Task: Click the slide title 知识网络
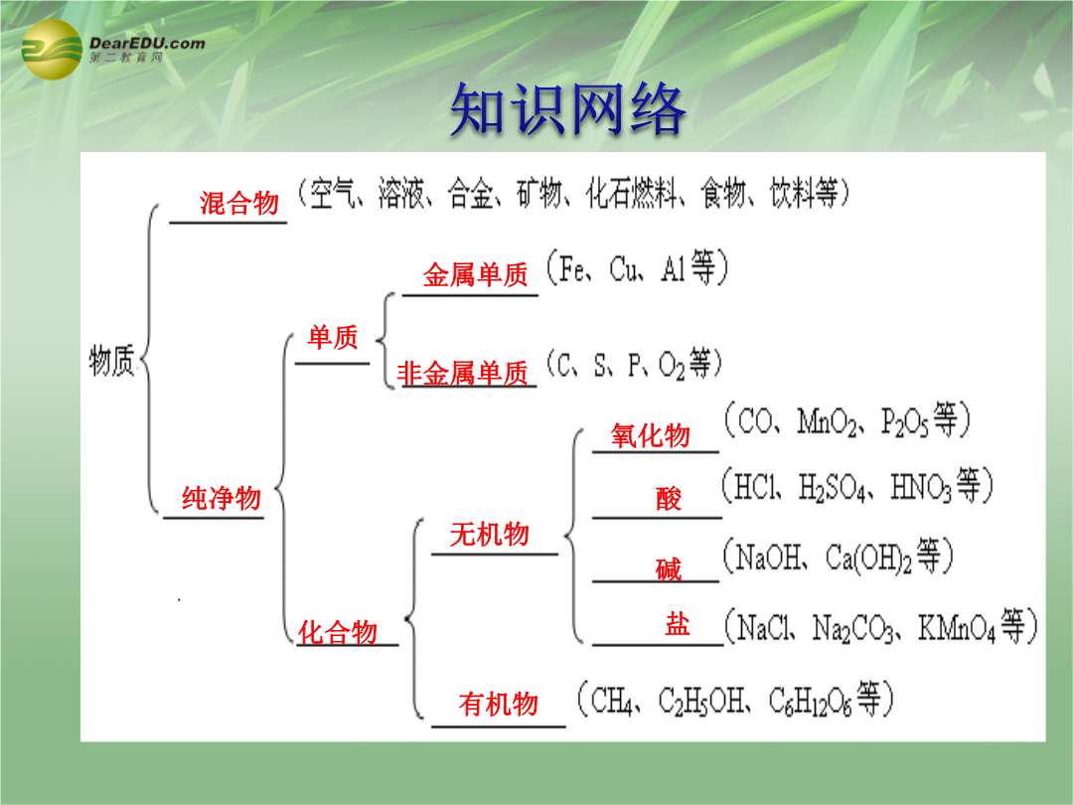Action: tap(567, 109)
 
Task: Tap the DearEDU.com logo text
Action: tap(147, 43)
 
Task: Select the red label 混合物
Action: tap(238, 204)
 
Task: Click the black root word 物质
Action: tap(111, 360)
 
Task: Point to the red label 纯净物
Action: tap(221, 498)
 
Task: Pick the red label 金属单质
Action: tap(475, 275)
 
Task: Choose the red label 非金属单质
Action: tap(463, 374)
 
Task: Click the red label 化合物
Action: tap(338, 632)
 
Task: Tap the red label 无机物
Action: tap(489, 534)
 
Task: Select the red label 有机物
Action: tap(498, 704)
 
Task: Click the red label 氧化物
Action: tap(650, 435)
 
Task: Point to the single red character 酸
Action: tap(669, 498)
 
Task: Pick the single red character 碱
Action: tap(669, 568)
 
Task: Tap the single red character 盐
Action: tap(678, 623)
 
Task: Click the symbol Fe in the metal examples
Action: tap(572, 268)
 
